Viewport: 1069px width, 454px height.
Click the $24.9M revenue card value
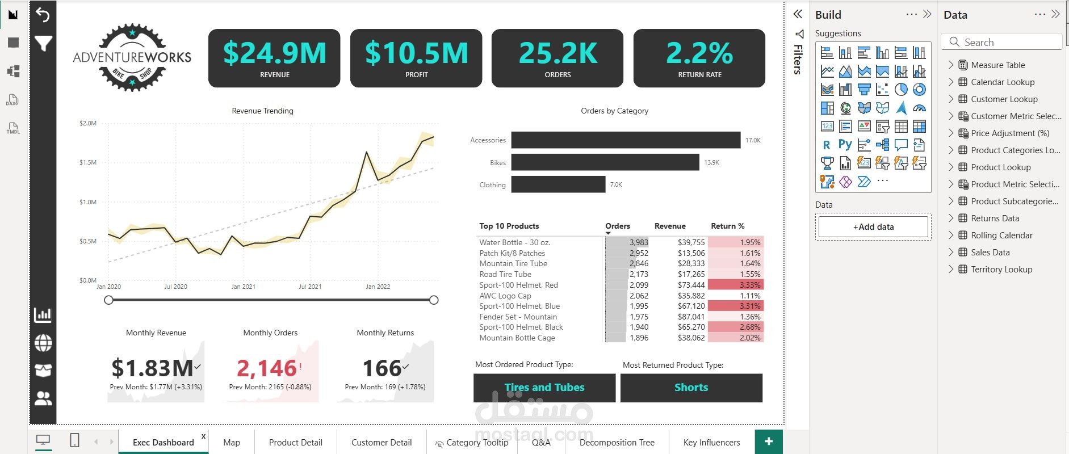[x=275, y=53]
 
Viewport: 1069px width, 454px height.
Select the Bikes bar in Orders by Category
[x=605, y=162]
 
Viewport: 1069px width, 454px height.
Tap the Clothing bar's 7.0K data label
[x=616, y=184]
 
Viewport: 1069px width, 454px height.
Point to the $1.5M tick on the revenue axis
[x=88, y=162]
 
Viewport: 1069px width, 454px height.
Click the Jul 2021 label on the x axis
[x=310, y=287]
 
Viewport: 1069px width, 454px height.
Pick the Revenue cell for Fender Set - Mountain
[x=691, y=317]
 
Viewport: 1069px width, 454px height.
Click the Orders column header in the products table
[x=618, y=226]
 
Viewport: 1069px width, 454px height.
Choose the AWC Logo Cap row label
[x=505, y=296]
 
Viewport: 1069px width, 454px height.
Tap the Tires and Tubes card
[x=544, y=388]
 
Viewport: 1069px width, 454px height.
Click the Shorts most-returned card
[x=691, y=388]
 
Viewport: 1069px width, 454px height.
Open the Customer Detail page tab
[x=382, y=443]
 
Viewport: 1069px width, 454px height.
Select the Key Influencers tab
[x=711, y=443]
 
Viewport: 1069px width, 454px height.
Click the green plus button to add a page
[x=769, y=442]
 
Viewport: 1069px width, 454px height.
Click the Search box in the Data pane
[x=1002, y=42]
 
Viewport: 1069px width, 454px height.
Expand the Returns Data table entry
[x=951, y=218]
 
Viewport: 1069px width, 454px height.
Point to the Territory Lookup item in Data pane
[x=1001, y=270]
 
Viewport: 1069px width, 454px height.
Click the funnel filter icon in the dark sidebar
[x=43, y=43]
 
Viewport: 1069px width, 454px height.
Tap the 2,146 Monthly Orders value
[x=267, y=368]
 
